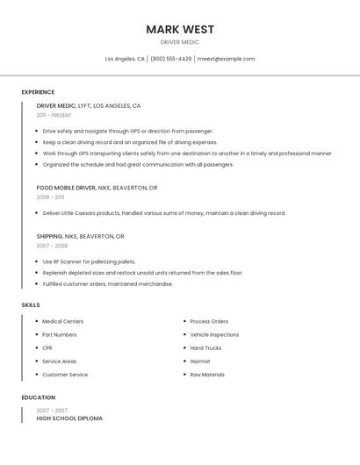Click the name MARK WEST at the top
click(180, 29)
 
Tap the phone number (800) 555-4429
click(170, 59)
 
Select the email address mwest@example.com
click(226, 59)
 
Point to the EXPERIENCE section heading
click(38, 92)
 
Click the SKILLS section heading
click(31, 305)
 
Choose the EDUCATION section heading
click(39, 397)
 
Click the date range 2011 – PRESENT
click(54, 115)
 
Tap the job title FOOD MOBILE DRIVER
click(66, 188)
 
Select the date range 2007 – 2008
click(52, 246)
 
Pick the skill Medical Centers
click(62, 321)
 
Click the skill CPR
click(47, 347)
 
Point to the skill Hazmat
click(200, 361)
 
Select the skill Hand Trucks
click(205, 347)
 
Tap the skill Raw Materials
click(207, 375)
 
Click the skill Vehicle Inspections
click(214, 334)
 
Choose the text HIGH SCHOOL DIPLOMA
click(69, 418)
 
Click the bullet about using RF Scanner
click(89, 261)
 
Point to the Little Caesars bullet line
click(164, 212)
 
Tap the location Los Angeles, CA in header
click(125, 59)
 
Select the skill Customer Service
click(65, 375)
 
